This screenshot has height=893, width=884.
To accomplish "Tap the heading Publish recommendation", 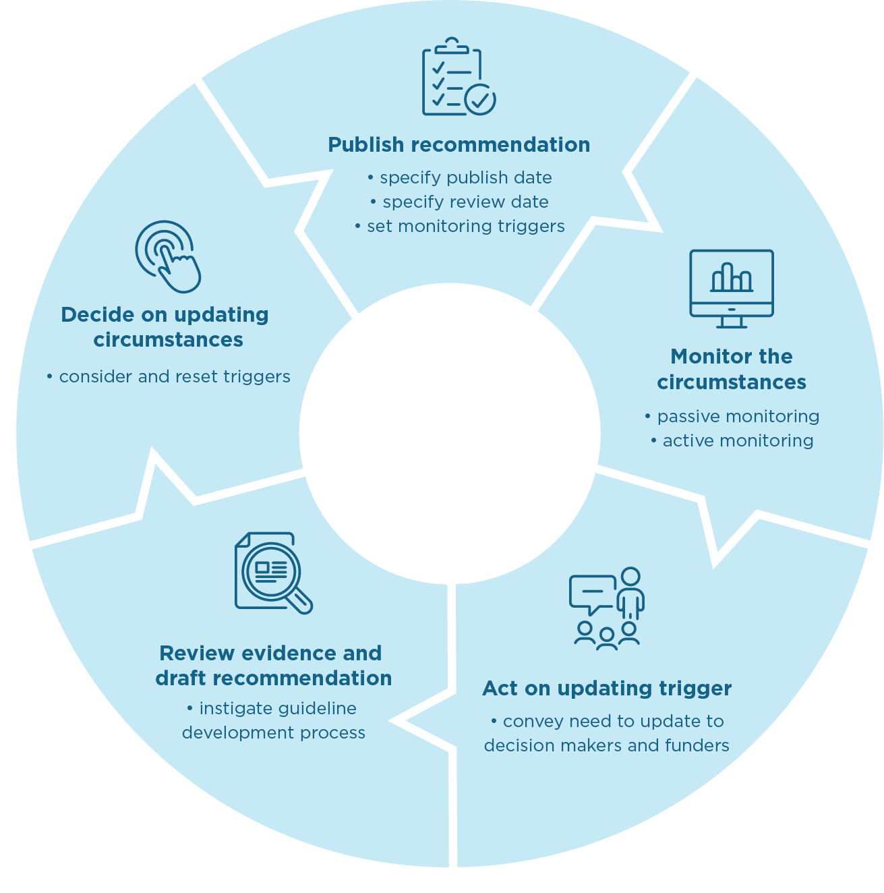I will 459,144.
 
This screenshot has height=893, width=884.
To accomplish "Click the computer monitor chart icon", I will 732,288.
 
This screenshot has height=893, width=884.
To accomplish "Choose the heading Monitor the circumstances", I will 732,369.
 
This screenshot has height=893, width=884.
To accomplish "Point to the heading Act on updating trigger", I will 607,688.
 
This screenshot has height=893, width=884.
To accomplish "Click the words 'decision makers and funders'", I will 607,745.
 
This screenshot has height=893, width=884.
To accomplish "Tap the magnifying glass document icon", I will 272,573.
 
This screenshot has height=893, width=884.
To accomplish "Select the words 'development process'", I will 274,732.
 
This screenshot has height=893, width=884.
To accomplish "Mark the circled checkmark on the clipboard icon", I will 480,100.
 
